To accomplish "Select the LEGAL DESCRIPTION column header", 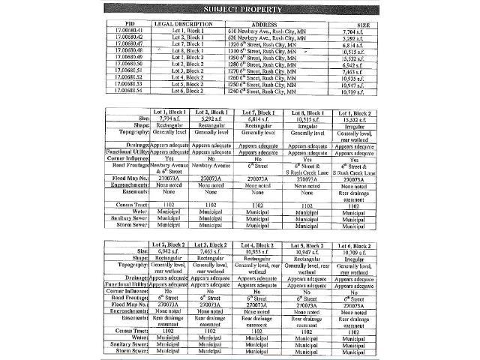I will [x=188, y=24].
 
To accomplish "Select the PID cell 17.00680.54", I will [x=129, y=91].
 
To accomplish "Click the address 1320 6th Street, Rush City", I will [x=274, y=45].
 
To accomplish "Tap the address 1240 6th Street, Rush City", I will [x=274, y=91].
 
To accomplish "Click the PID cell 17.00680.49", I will [x=129, y=58].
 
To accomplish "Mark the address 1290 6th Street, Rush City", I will [x=274, y=58].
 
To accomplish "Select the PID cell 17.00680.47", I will [x=129, y=45].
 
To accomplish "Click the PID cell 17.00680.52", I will [x=129, y=78].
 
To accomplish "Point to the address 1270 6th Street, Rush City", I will [x=274, y=71].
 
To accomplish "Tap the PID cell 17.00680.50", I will [x=129, y=64].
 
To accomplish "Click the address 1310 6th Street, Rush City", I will [x=274, y=51].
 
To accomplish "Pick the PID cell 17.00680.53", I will [x=129, y=85].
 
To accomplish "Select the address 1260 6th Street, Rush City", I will [x=274, y=78].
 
